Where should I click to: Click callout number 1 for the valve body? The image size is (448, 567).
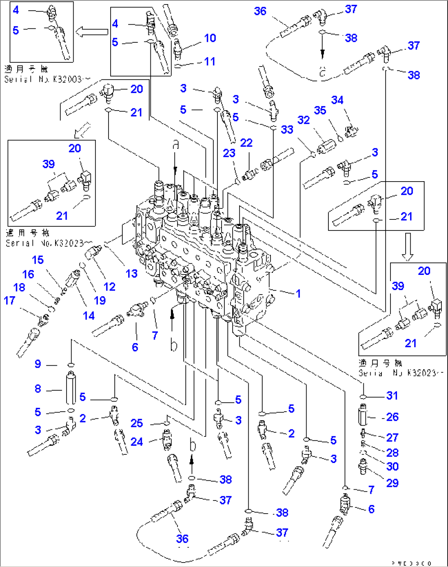[298, 293]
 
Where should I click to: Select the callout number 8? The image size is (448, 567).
[38, 389]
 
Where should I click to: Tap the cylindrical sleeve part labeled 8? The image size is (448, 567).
[71, 388]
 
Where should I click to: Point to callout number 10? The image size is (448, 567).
[210, 38]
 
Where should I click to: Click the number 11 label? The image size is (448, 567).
[210, 62]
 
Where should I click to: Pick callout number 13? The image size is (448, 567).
[132, 274]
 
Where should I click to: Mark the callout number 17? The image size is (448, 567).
[9, 301]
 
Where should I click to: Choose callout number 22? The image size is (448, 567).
[246, 143]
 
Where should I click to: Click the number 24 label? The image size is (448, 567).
[137, 442]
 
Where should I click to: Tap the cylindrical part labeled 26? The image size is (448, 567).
[362, 415]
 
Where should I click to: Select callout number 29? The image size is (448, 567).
[392, 483]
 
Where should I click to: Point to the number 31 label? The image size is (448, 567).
[392, 396]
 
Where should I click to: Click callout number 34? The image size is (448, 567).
[337, 100]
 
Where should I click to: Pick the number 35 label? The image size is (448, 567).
[320, 111]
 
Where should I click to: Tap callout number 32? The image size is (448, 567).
[303, 120]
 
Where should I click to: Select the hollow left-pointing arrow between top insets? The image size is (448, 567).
[92, 32]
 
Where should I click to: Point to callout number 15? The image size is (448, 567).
[38, 260]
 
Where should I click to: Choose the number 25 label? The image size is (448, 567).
[137, 423]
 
